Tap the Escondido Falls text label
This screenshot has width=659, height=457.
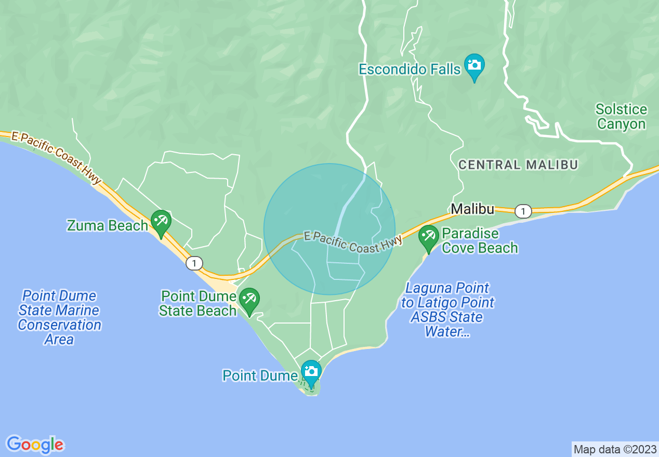[410, 69]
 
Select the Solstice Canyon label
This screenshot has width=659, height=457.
[621, 117]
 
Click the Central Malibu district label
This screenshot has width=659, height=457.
[518, 165]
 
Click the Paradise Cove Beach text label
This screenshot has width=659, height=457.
[479, 241]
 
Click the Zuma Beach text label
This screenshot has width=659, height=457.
[108, 226]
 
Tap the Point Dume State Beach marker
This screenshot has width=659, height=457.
[249, 300]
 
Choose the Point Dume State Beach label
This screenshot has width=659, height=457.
[199, 304]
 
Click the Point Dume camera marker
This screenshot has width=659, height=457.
[311, 372]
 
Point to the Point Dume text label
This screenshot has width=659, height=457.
[259, 375]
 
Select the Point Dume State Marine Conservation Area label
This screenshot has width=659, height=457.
[59, 317]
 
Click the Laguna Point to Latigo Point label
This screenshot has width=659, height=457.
[447, 310]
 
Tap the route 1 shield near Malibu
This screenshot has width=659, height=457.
[523, 211]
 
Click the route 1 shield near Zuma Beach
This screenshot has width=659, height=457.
[194, 263]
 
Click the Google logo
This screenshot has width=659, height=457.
[35, 444]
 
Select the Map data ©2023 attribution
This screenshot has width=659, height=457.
[615, 449]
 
